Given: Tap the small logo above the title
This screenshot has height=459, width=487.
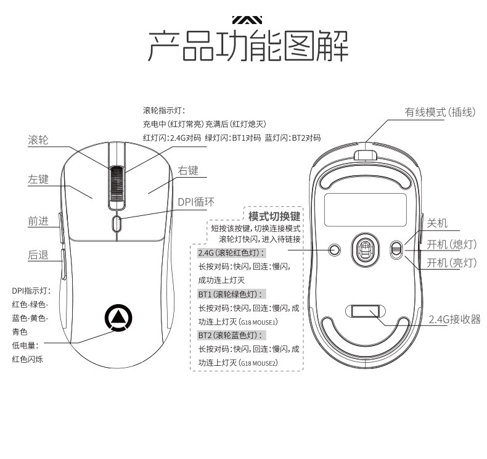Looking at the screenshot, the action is pyautogui.click(x=247, y=19).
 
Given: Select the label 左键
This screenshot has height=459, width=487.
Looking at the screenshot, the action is pyautogui.click(x=38, y=180).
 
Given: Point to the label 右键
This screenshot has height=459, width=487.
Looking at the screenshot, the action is pyautogui.click(x=189, y=170).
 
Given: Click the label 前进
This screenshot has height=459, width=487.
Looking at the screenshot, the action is pyautogui.click(x=38, y=221).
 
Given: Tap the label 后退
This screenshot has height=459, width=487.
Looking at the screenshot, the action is pyautogui.click(x=38, y=254).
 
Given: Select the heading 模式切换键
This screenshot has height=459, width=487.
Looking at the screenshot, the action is pyautogui.click(x=274, y=217).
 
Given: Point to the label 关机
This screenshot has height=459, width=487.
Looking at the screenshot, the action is pyautogui.click(x=437, y=223).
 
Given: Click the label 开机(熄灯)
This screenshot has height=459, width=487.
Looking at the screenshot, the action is pyautogui.click(x=452, y=244).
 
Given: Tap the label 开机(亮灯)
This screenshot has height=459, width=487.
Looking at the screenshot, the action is pyautogui.click(x=452, y=263).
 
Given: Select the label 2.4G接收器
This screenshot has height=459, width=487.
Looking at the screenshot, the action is pyautogui.click(x=454, y=319).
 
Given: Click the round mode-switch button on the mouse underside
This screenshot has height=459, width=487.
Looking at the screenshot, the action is pyautogui.click(x=335, y=249).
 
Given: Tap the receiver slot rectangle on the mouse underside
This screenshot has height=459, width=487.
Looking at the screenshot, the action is pyautogui.click(x=364, y=310).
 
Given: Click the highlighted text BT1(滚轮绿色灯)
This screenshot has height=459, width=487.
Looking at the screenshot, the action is pyautogui.click(x=231, y=294).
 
